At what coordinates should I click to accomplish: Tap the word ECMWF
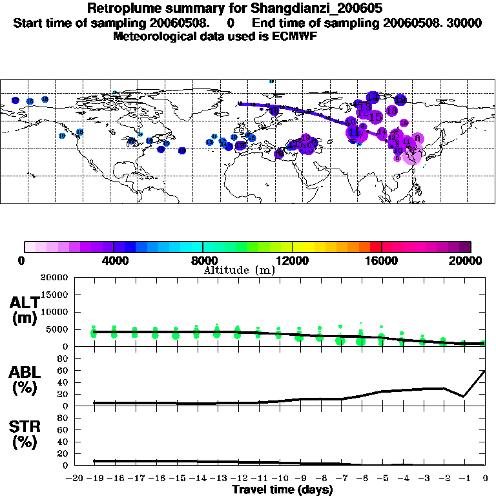point(296,36)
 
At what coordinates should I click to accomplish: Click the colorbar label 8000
point(203,261)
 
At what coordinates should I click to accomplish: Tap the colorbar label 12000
point(292,261)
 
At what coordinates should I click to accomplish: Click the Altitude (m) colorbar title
point(239,270)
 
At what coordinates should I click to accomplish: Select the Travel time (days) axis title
point(282,490)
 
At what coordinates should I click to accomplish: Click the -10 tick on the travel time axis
point(279,479)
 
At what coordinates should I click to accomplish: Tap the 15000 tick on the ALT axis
point(56,294)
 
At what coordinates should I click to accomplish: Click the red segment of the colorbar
point(375,247)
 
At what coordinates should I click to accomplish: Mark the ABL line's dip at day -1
point(464,397)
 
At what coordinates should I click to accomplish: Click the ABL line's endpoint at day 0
point(485,371)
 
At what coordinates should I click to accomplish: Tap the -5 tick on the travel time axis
point(382,479)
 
